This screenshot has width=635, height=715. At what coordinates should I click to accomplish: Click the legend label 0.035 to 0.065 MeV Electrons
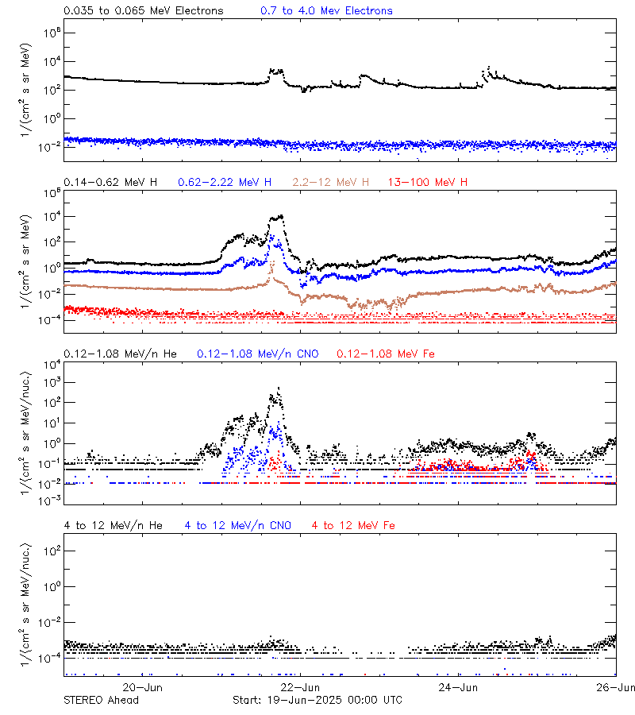tap(144, 11)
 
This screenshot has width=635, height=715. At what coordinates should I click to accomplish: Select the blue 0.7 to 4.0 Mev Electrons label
tap(326, 11)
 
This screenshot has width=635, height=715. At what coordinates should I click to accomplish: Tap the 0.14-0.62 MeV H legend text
tap(110, 183)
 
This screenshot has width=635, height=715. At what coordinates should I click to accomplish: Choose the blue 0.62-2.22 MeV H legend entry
tap(225, 183)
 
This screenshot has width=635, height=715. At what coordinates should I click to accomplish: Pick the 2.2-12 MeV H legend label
tap(333, 183)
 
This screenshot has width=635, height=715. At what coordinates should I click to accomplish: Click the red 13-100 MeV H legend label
tap(428, 183)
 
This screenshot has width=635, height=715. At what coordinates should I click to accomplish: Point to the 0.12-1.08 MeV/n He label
tap(124, 354)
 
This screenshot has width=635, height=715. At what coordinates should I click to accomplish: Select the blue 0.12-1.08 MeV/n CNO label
tap(257, 354)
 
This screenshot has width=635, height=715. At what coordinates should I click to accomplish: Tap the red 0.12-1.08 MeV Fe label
tap(386, 354)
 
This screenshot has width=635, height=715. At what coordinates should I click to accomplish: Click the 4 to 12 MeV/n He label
tap(113, 525)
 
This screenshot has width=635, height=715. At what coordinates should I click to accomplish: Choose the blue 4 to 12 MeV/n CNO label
tap(238, 525)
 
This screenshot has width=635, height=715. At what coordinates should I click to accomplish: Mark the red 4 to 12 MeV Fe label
tap(354, 525)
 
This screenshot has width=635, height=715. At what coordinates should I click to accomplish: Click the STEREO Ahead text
tap(101, 700)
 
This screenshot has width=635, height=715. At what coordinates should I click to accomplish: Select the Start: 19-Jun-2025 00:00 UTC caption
tap(317, 700)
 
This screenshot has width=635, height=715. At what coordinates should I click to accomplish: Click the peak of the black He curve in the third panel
tap(279, 388)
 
